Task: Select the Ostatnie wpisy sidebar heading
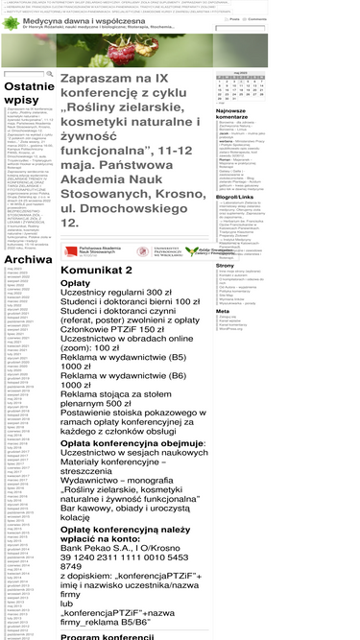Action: [27, 93]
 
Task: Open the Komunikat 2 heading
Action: [102, 271]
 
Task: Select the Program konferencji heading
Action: [110, 636]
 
